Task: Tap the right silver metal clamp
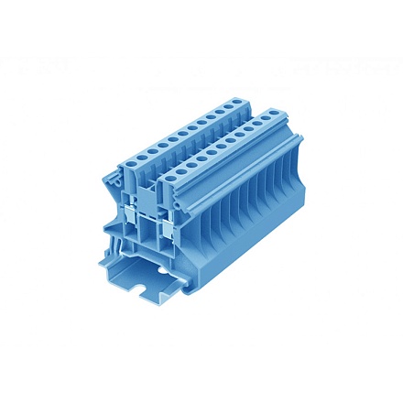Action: [x=167, y=224]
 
